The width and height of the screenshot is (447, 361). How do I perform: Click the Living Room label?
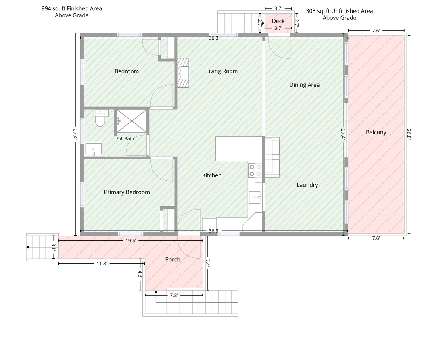222,71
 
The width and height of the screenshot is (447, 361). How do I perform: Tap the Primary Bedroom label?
127,192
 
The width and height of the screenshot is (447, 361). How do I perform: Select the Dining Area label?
305,85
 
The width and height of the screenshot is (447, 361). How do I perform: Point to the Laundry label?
307,185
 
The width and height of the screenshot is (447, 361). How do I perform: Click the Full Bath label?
125,138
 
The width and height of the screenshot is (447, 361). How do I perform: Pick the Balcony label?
376,132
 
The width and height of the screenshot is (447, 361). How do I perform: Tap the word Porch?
173,260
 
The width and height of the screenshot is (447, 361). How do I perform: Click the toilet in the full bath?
100,118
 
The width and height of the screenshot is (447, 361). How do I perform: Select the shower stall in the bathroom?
132,121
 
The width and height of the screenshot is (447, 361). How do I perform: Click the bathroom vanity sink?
94,149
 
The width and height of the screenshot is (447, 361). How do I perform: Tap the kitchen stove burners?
255,170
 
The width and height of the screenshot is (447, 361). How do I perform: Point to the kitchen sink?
255,198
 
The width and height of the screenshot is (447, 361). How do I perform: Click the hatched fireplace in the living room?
183,73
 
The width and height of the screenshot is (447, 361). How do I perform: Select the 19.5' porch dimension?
131,241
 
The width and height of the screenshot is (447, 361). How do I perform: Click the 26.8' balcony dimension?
409,134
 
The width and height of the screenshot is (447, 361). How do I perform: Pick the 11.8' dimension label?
102,264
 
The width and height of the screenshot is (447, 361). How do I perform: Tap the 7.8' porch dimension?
174,296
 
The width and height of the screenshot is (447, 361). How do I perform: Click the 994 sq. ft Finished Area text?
72,8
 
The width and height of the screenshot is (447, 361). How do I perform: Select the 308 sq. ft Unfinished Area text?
339,11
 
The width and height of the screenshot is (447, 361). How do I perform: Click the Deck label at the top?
278,21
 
